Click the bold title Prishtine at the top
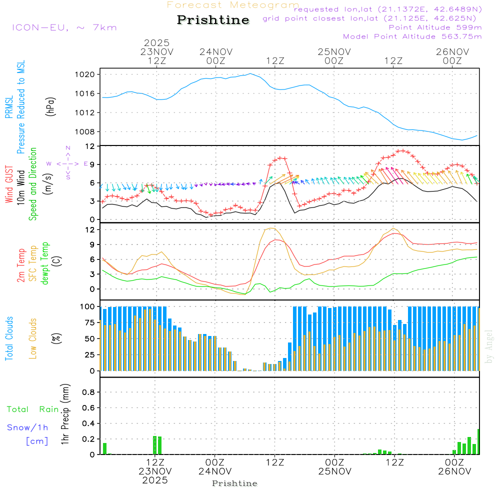(213, 20)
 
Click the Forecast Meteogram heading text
(233, 5)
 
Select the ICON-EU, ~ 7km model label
(64, 27)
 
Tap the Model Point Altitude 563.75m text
(412, 36)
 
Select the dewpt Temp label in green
(45, 263)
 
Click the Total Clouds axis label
(9, 338)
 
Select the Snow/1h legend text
(27, 428)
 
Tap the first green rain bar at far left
(105, 448)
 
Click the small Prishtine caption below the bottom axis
(234, 483)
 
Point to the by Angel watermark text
(489, 346)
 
